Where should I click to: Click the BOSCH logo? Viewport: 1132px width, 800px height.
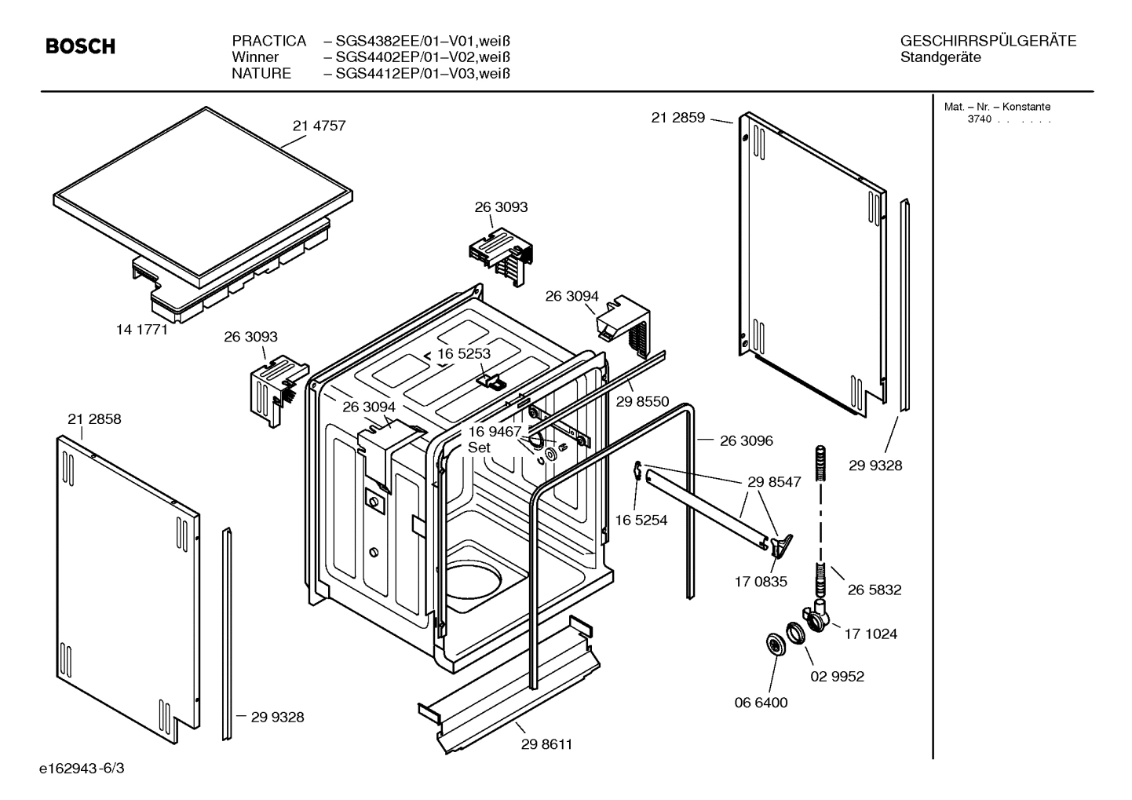(x=80, y=47)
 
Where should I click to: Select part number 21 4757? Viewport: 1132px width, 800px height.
(x=319, y=126)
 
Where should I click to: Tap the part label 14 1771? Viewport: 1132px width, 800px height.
(x=142, y=330)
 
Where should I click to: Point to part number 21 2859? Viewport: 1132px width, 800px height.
(x=678, y=118)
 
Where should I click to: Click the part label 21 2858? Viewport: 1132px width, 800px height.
(x=94, y=419)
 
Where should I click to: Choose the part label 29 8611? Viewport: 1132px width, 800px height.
(x=546, y=744)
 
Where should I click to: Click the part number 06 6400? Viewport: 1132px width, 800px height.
(x=761, y=703)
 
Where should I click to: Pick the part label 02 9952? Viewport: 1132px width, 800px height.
(x=837, y=676)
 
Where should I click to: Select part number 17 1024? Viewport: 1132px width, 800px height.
(x=871, y=634)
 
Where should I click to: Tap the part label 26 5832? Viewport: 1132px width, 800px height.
(x=875, y=590)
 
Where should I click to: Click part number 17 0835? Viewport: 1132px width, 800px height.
(x=761, y=582)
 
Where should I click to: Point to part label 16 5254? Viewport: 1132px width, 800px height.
(x=641, y=520)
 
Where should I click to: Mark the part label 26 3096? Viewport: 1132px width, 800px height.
(x=746, y=440)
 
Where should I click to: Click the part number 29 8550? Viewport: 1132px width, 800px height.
(x=642, y=401)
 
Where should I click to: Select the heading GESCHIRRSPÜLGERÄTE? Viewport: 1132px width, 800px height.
(x=988, y=41)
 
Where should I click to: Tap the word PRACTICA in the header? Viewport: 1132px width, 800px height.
(x=268, y=41)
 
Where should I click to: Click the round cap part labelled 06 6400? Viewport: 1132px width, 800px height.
(x=776, y=645)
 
